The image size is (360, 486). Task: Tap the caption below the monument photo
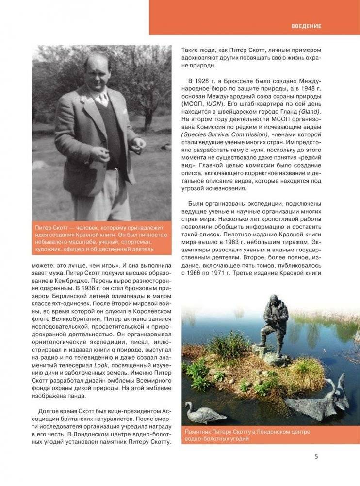247,435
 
